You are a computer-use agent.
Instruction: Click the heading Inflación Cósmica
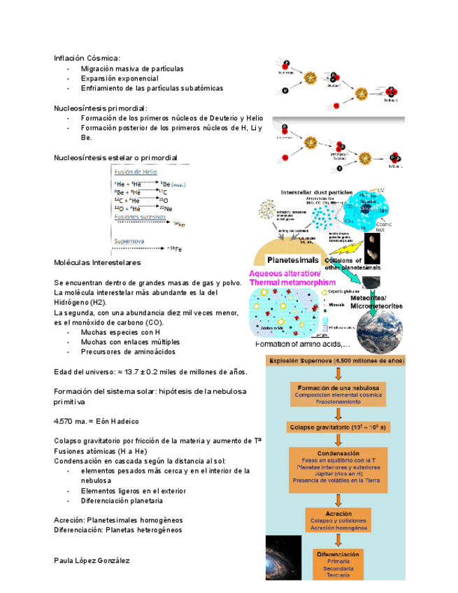[87, 58]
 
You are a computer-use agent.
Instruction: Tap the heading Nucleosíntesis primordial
[101, 109]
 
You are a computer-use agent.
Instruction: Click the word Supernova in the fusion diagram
[129, 241]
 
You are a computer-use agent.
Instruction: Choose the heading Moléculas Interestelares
[98, 262]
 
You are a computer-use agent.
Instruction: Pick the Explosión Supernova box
[336, 361]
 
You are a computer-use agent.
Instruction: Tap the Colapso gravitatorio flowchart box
[338, 427]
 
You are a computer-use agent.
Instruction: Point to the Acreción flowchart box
[338, 520]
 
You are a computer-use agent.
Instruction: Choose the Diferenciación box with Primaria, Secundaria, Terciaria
[338, 564]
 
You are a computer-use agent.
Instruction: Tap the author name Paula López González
[92, 561]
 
